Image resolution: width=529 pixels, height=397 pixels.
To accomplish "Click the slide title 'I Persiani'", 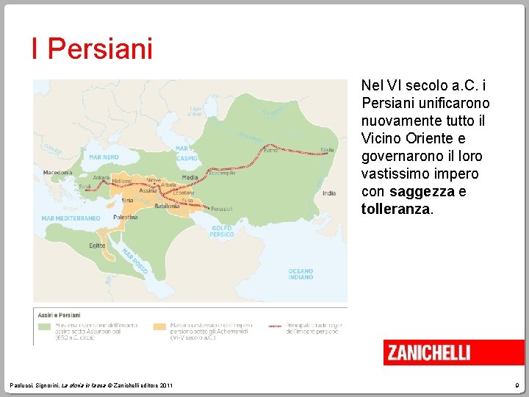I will [x=92, y=49].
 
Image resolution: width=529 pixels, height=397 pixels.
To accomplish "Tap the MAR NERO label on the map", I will [x=104, y=157].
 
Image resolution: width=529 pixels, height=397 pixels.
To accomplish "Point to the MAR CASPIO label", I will [x=187, y=153].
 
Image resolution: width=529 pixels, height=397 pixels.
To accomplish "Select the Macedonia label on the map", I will [x=58, y=173].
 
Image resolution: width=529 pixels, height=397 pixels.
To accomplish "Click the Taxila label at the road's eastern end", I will [x=327, y=149].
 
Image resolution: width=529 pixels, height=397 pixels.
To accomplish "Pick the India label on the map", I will [x=328, y=193].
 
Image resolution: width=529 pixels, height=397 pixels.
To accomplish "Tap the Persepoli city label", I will [x=222, y=210].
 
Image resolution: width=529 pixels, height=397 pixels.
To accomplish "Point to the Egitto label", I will [x=97, y=245].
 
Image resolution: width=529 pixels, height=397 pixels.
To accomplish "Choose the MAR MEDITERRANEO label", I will [x=71, y=218].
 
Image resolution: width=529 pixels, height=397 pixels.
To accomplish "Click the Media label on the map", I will [x=190, y=177].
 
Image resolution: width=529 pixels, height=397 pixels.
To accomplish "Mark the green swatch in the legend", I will [x=46, y=324].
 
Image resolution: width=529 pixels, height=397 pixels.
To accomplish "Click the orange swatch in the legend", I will [x=160, y=324].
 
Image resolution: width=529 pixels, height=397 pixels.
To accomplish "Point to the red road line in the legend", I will [x=276, y=324].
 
